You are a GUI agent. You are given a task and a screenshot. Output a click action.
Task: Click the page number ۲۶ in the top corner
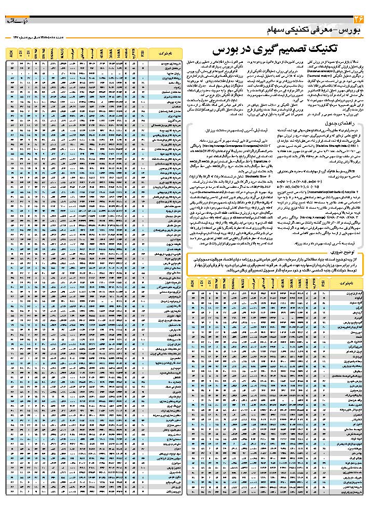[x=358, y=19]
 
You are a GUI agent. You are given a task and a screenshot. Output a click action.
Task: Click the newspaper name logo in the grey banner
[x=16, y=20]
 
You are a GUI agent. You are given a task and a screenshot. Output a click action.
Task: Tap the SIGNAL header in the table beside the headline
[x=54, y=53]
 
